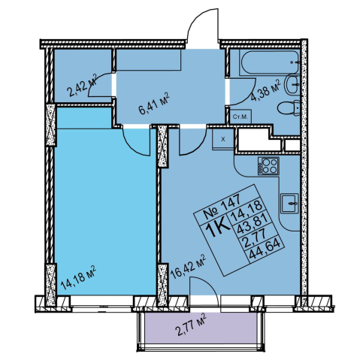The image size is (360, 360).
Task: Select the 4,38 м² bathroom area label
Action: click(265, 90)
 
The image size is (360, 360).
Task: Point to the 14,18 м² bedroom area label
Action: click(78, 277)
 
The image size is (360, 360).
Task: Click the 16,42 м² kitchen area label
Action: click(188, 267)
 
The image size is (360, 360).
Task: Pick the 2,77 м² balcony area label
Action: click(192, 325)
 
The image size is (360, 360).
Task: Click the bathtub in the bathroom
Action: click(269, 62)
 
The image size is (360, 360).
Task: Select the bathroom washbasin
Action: click(292, 85)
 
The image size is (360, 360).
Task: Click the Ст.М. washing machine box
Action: click(241, 116)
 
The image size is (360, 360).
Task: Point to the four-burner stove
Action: click(268, 166)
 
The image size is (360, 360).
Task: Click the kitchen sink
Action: click(289, 203)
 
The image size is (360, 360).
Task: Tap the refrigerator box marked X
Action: click(223, 139)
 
